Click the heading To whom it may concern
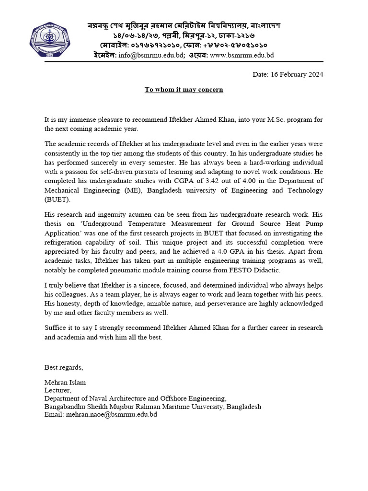[x=184, y=90]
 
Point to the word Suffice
[x=56, y=328]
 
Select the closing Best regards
[x=64, y=367]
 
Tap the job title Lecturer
[x=57, y=391]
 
